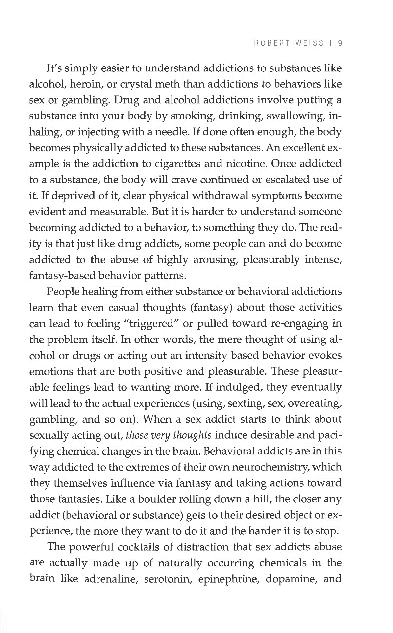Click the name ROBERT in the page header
click(272, 43)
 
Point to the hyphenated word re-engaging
click(300, 324)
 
